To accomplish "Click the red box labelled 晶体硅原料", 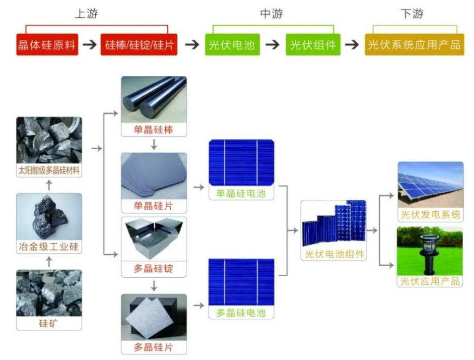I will (47, 45).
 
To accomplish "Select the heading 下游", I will (412, 14).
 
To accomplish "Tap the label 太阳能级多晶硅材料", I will (49, 171).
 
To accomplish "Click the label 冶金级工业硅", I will (49, 246).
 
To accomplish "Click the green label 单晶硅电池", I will (241, 193).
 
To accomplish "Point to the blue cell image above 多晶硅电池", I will (241, 281).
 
